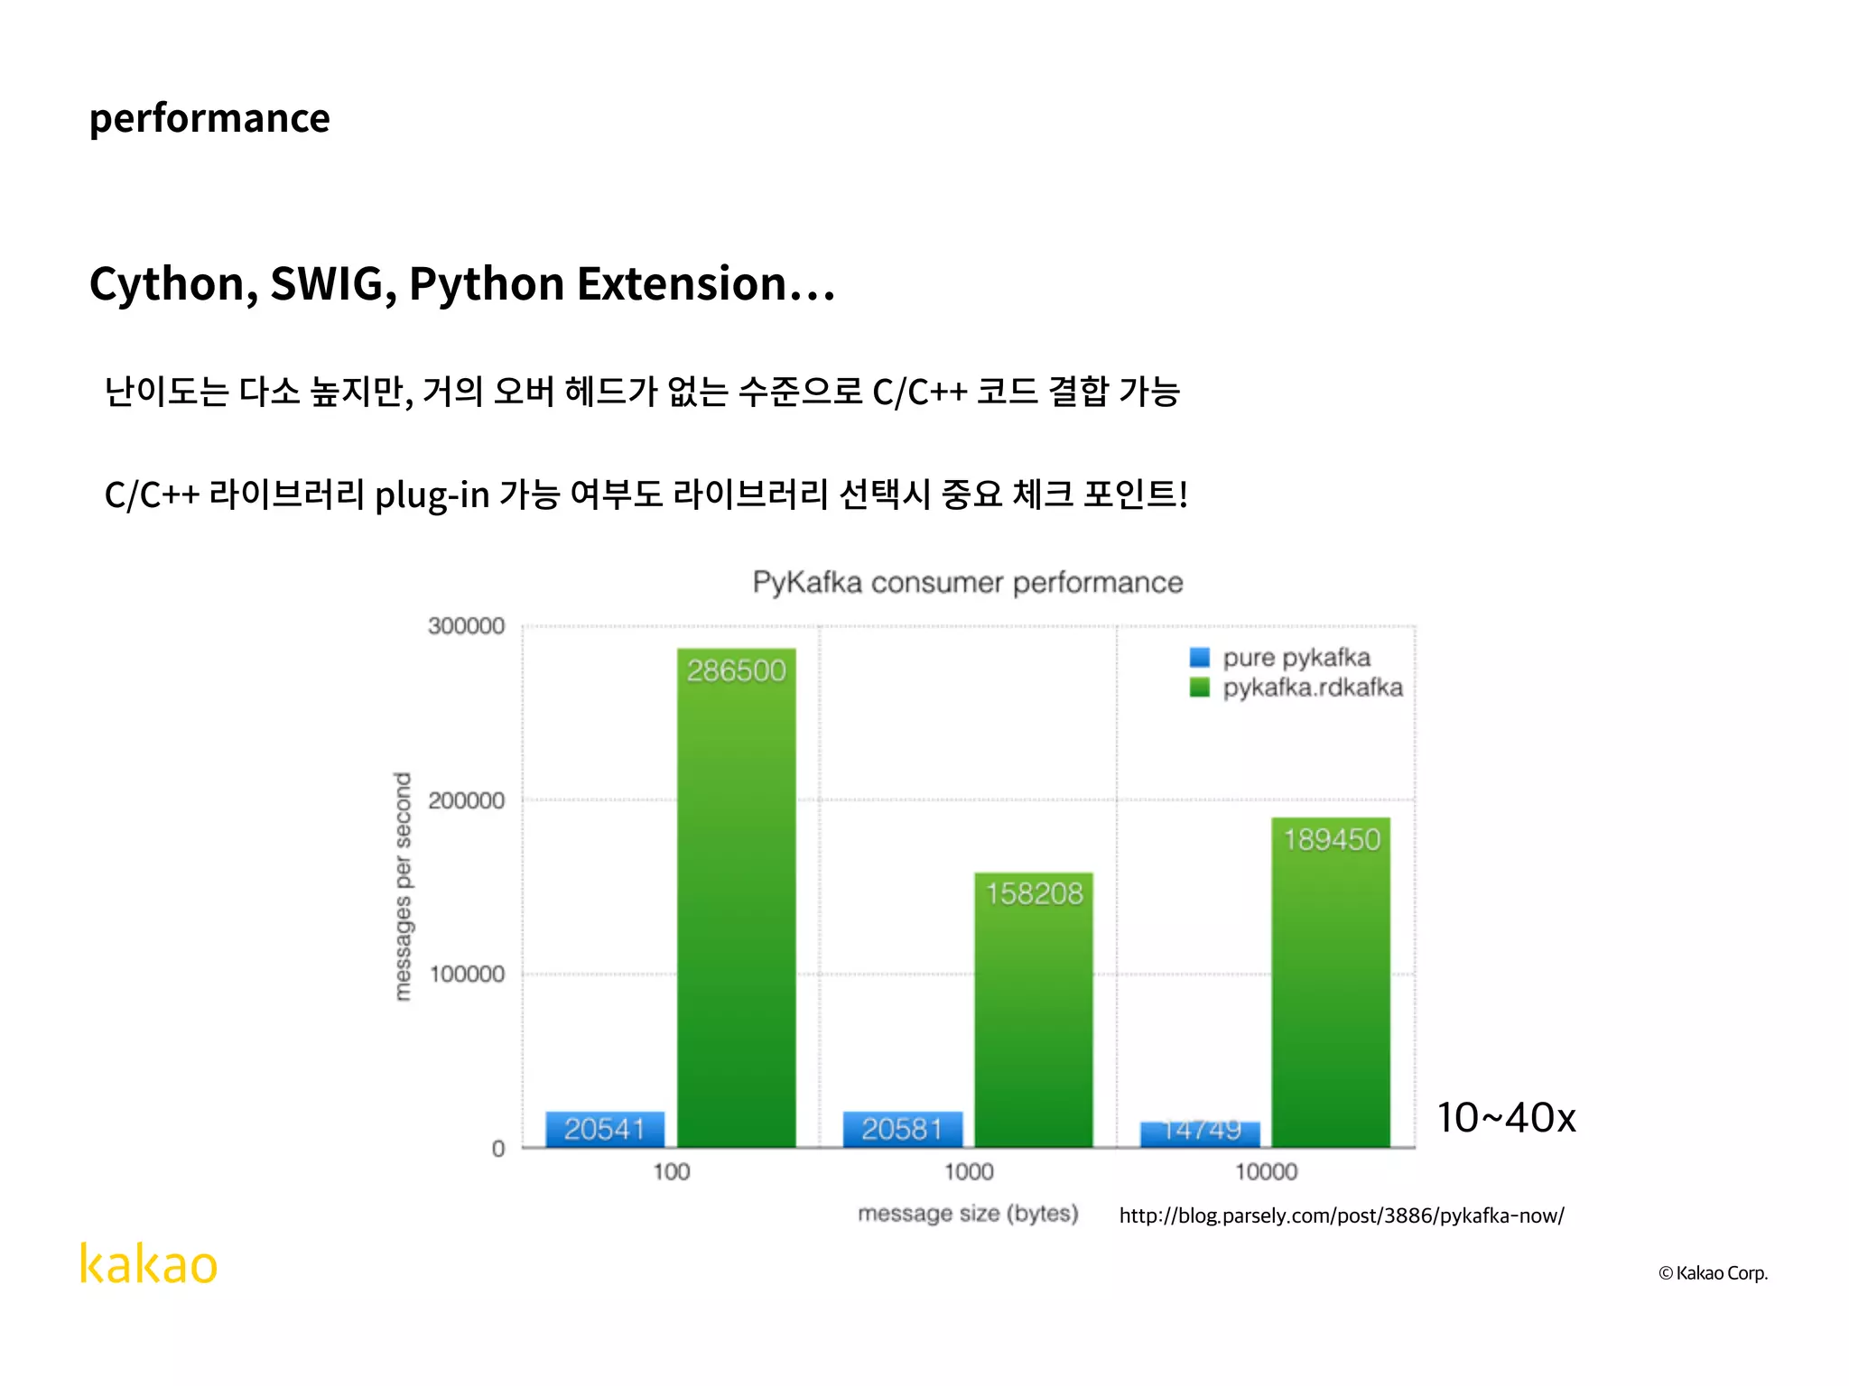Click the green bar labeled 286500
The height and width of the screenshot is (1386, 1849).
pyautogui.click(x=736, y=898)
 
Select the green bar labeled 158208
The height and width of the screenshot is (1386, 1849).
pyautogui.click(x=1033, y=1010)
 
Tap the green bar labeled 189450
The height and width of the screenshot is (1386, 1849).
pyautogui.click(x=1331, y=983)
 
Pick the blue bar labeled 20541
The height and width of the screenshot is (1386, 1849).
pyautogui.click(x=605, y=1129)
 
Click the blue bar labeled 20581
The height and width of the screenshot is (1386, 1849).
pyautogui.click(x=902, y=1129)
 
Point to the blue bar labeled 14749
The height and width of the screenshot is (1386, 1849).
pyautogui.click(x=1200, y=1134)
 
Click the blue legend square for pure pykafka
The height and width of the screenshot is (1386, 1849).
pyautogui.click(x=1199, y=658)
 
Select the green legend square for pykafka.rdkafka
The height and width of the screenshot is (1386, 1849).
pyautogui.click(x=1199, y=688)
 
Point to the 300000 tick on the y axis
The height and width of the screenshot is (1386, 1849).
pyautogui.click(x=466, y=626)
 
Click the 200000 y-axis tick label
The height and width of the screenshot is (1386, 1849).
pyautogui.click(x=466, y=800)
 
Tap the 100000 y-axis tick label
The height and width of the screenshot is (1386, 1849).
pyautogui.click(x=466, y=975)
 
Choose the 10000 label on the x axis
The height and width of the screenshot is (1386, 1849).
pyautogui.click(x=1266, y=1172)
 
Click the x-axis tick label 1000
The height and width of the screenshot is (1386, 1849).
pyautogui.click(x=969, y=1172)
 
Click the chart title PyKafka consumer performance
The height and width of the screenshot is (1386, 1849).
pyautogui.click(x=967, y=583)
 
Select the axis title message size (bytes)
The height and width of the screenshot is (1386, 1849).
pyautogui.click(x=968, y=1214)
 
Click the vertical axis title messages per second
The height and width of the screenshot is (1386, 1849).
pyautogui.click(x=403, y=886)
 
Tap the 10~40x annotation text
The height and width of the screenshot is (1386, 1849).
pyautogui.click(x=1506, y=1118)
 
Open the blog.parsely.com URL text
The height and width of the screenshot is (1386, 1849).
pyautogui.click(x=1341, y=1215)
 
